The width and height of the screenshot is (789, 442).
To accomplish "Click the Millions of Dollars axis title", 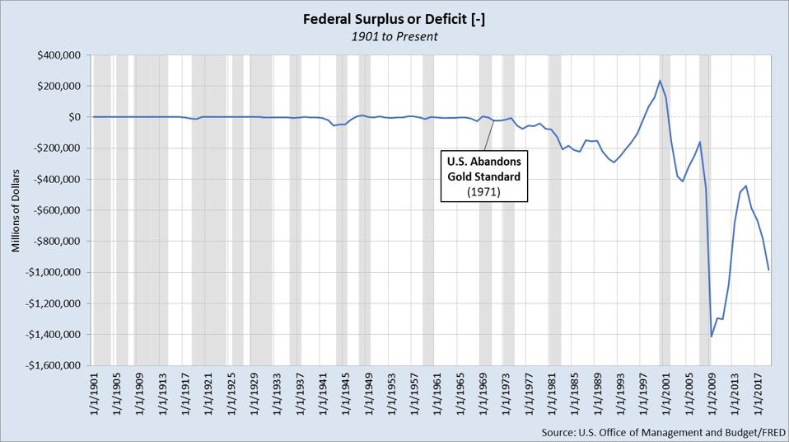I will point(16,210).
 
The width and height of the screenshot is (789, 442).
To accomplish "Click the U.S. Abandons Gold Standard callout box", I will point(483,176).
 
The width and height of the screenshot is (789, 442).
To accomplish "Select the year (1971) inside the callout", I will point(483,191).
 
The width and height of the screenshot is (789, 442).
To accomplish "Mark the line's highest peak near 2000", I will point(660,81).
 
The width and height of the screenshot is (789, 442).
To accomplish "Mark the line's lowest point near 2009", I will point(712,336).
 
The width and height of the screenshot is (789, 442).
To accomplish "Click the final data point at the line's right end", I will point(768,270).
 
